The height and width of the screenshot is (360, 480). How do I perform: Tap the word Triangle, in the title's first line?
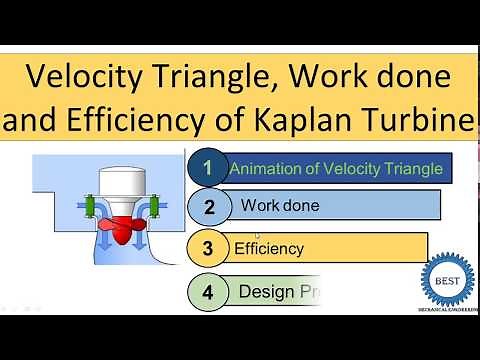point(205,76)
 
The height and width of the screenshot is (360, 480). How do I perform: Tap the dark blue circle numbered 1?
point(208,168)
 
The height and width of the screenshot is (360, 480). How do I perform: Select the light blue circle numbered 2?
point(208,207)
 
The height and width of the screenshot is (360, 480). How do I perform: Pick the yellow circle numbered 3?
point(208,247)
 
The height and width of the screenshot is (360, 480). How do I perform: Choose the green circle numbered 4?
point(208,292)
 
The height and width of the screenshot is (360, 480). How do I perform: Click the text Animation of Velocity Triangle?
point(336,168)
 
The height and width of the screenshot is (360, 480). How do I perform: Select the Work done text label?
point(280,206)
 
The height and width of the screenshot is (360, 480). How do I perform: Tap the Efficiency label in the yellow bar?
point(268,247)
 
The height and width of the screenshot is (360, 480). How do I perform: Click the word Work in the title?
point(313,76)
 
